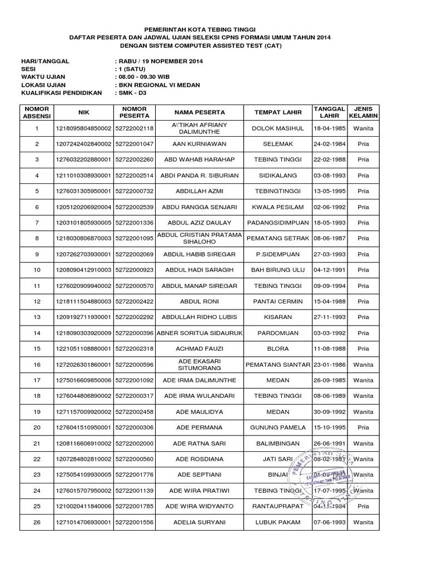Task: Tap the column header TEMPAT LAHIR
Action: pyautogui.click(x=278, y=113)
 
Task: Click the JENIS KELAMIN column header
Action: pyautogui.click(x=363, y=113)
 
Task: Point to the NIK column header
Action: pyautogui.click(x=84, y=113)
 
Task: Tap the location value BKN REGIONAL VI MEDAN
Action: pyautogui.click(x=158, y=85)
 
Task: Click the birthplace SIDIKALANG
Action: pyautogui.click(x=278, y=176)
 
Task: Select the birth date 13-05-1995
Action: pyautogui.click(x=330, y=191)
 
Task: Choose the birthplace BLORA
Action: pyautogui.click(x=278, y=349)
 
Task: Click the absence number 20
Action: pyautogui.click(x=37, y=428)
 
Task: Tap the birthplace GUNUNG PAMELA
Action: pyautogui.click(x=278, y=428)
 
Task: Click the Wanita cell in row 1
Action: pyautogui.click(x=363, y=128)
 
